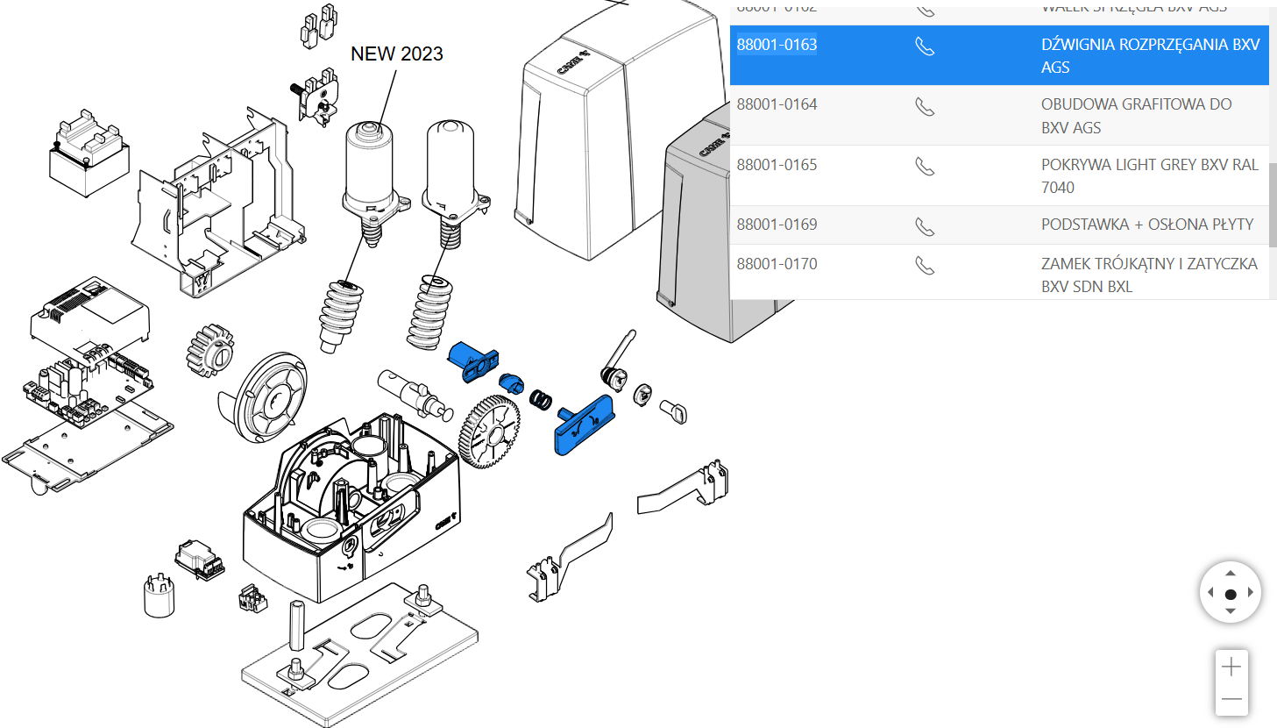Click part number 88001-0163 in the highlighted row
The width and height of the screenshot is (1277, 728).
(777, 45)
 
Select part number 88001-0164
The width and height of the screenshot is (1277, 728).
(777, 104)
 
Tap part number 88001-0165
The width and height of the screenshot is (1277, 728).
(777, 165)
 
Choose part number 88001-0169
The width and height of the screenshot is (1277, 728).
(777, 225)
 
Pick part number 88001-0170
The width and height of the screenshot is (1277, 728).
(777, 264)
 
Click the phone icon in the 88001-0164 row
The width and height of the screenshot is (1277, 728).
(925, 107)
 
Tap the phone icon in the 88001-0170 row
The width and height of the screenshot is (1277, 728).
(925, 265)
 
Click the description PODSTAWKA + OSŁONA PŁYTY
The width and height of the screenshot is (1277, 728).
(1147, 225)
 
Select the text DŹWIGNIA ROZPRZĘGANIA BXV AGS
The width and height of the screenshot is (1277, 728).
(1150, 55)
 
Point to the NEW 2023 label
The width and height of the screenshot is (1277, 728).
(396, 54)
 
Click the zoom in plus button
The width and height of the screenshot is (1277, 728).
(1231, 667)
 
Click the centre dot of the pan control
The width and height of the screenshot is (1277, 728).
(1231, 594)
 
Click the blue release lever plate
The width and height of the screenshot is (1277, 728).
(585, 425)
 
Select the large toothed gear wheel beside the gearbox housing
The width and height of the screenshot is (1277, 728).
(489, 432)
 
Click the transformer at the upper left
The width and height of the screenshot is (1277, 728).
(88, 155)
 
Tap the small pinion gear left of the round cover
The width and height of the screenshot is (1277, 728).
(210, 351)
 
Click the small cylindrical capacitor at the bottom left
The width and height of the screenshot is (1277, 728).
(160, 596)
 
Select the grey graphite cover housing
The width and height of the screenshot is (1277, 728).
(692, 237)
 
